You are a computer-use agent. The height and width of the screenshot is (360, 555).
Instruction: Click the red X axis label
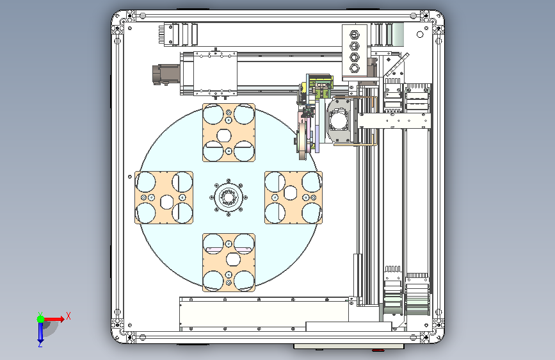click(x=68, y=316)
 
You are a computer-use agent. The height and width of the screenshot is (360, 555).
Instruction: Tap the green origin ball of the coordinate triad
click(x=41, y=319)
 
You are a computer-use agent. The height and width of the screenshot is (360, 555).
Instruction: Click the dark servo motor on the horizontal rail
click(x=166, y=75)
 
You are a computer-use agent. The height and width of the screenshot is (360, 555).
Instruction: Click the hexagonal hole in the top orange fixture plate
click(x=223, y=136)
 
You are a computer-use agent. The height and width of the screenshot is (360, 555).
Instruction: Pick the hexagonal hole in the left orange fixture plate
click(x=166, y=202)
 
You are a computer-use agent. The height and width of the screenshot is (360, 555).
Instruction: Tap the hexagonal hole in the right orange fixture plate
click(x=290, y=193)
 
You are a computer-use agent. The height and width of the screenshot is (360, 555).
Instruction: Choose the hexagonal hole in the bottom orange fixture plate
click(x=233, y=259)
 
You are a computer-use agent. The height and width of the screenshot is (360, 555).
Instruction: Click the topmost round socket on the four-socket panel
click(x=354, y=35)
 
